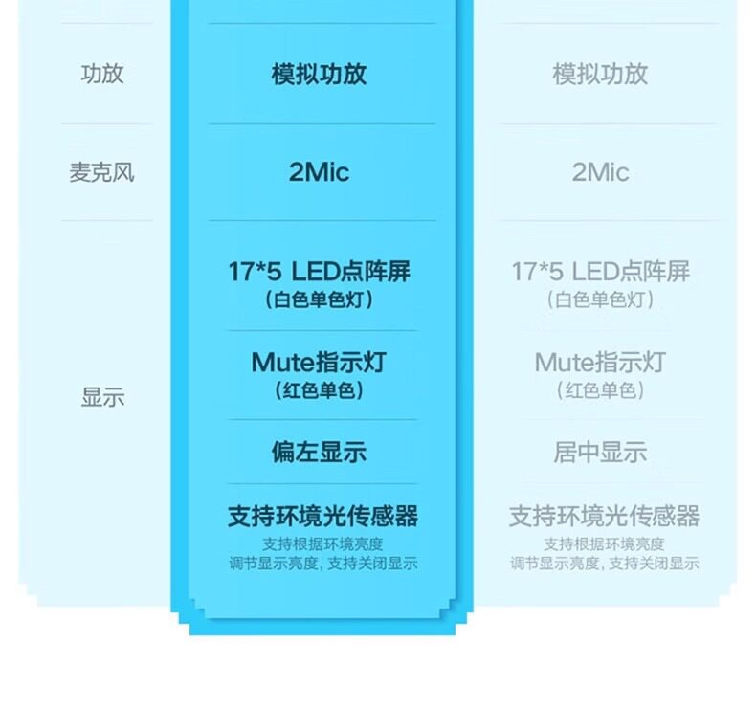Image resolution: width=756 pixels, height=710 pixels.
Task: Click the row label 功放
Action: [102, 75]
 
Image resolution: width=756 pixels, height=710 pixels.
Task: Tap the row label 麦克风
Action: [102, 173]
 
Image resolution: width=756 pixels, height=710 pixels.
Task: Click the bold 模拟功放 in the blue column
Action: [319, 75]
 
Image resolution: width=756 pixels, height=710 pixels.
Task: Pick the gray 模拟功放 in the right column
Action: [600, 75]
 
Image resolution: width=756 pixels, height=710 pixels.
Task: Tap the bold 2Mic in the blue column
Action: [319, 172]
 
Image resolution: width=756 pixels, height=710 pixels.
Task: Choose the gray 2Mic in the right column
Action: [600, 172]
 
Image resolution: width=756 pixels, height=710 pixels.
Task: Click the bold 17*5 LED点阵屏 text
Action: [319, 272]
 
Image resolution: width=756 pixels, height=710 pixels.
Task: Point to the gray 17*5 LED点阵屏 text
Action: [600, 272]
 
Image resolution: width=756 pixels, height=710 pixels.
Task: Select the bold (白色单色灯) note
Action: [319, 300]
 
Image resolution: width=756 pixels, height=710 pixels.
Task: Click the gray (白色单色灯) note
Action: [600, 300]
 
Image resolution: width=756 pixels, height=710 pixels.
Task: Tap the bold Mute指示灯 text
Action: [319, 363]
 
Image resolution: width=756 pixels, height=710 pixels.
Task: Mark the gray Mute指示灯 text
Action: [600, 363]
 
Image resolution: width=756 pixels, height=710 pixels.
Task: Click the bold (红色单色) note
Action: [319, 390]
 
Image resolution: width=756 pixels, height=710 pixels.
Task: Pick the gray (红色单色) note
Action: [600, 390]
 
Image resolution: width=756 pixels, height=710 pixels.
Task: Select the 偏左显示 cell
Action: [319, 453]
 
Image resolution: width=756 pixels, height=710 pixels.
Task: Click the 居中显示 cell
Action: [600, 453]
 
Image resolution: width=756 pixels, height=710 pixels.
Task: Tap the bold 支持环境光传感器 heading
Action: [322, 517]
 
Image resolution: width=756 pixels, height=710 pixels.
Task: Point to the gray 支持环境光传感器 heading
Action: [604, 517]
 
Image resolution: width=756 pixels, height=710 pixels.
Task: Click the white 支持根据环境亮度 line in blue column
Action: [322, 544]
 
